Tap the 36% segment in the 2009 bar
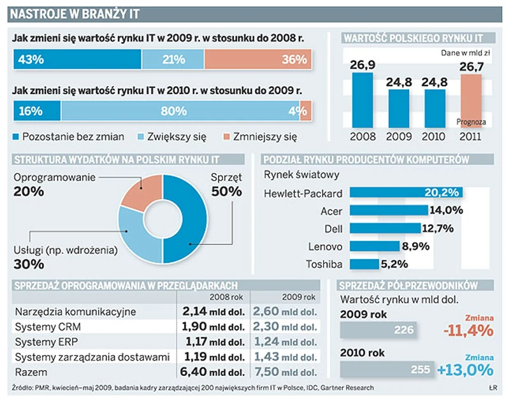[x=258, y=60]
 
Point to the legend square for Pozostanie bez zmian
[x=17, y=136]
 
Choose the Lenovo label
[x=325, y=246]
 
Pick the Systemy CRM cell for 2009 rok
[x=284, y=326]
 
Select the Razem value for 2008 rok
[x=213, y=372]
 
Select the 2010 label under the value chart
[x=435, y=136]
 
